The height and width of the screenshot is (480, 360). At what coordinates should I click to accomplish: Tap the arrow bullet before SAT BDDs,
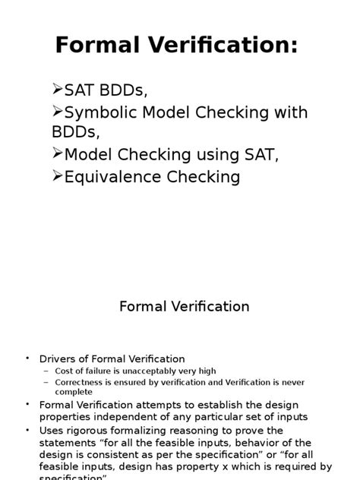(x=58, y=91)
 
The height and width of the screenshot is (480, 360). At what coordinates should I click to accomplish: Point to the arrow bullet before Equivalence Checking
(x=58, y=176)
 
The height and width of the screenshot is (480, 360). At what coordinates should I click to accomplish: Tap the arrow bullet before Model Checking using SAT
(x=58, y=154)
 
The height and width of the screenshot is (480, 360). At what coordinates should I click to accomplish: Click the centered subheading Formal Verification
(x=185, y=307)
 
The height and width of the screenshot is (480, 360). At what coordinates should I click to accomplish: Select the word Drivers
(x=58, y=358)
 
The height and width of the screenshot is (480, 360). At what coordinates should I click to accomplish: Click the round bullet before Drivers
(x=26, y=358)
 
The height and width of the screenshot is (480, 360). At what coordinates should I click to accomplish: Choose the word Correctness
(x=79, y=382)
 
